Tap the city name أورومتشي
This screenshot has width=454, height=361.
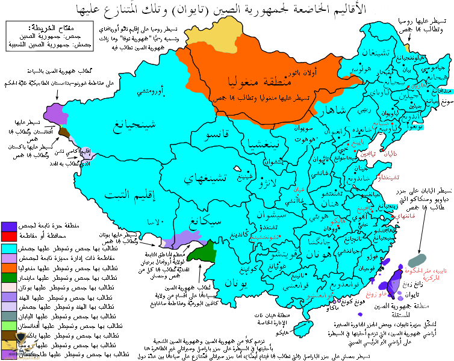146,91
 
